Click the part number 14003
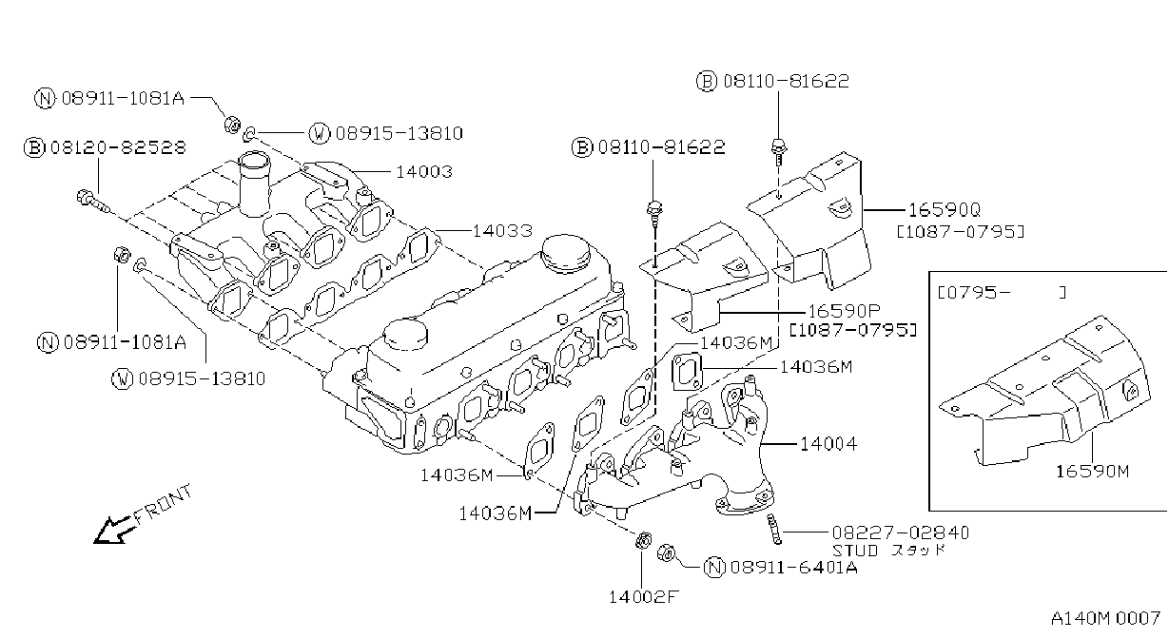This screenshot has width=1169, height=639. click(x=424, y=171)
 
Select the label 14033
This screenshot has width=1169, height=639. click(x=502, y=230)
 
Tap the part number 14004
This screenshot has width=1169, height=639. click(x=828, y=444)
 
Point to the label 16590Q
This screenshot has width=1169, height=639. click(x=945, y=210)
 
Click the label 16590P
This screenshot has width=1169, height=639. click(x=844, y=311)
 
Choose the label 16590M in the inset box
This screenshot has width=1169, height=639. click(x=1092, y=472)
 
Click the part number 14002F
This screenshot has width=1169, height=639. click(x=643, y=597)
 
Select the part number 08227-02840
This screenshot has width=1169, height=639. click(x=900, y=532)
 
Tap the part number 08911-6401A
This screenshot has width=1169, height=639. click(x=794, y=567)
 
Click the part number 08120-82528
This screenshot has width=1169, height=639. click(x=118, y=147)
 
